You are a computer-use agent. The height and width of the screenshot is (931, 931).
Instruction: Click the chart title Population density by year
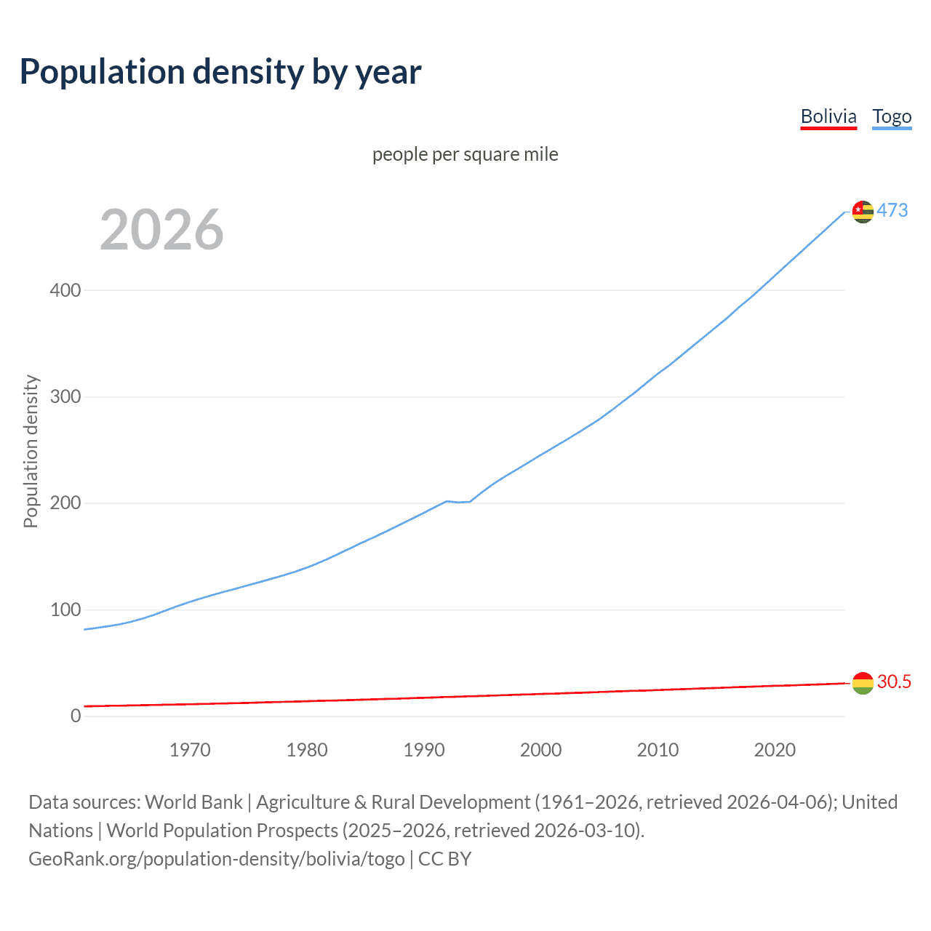pos(220,72)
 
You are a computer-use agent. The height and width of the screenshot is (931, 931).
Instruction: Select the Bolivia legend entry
pos(828,116)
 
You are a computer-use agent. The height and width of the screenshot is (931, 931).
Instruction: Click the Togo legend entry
pos(892,116)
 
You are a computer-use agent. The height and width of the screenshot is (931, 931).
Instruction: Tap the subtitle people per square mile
pos(465,154)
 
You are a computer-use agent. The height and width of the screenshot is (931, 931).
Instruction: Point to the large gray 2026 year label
pos(161,230)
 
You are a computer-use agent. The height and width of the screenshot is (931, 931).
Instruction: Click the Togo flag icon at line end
pos(863,212)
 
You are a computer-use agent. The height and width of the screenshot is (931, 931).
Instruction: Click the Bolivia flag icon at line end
pos(863,683)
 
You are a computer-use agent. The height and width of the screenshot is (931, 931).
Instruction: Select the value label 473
pos(892,210)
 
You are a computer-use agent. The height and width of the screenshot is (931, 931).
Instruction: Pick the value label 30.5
pos(894,682)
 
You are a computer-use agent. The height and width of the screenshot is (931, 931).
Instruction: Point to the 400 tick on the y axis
pos(65,290)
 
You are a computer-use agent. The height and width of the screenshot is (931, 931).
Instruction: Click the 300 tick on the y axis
pos(65,397)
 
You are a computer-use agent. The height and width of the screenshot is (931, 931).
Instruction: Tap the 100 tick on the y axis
pos(65,610)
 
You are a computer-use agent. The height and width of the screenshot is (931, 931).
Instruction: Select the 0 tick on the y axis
pos(76,716)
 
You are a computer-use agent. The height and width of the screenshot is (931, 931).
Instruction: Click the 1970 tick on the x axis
pos(190,750)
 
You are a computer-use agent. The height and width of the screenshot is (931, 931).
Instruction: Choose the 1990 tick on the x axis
pos(424,750)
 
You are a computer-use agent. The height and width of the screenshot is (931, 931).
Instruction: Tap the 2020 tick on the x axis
pos(775,750)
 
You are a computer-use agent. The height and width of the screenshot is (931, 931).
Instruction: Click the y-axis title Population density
pos(31,451)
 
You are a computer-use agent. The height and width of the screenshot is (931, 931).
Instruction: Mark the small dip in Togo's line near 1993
pos(460,502)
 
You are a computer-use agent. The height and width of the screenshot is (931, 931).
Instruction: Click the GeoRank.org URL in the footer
pos(217,859)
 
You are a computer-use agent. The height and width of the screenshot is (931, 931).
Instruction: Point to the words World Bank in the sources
pos(193,802)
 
